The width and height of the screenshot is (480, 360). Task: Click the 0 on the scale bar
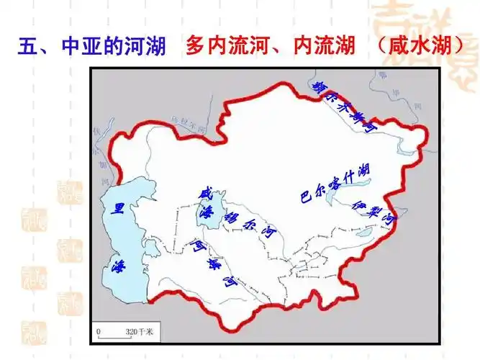tap(100, 333)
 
